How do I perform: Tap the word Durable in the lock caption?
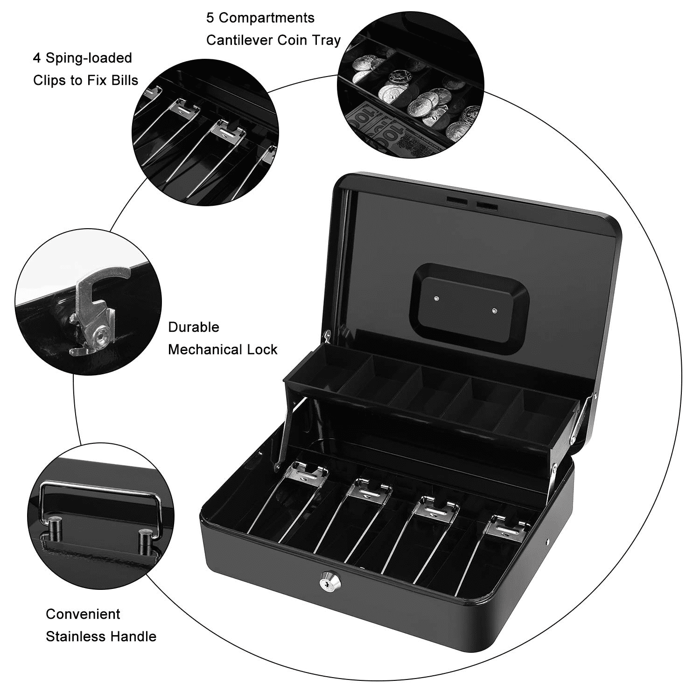(194, 327)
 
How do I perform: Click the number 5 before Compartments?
(210, 18)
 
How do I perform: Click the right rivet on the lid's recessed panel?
(495, 309)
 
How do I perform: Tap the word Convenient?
(83, 614)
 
